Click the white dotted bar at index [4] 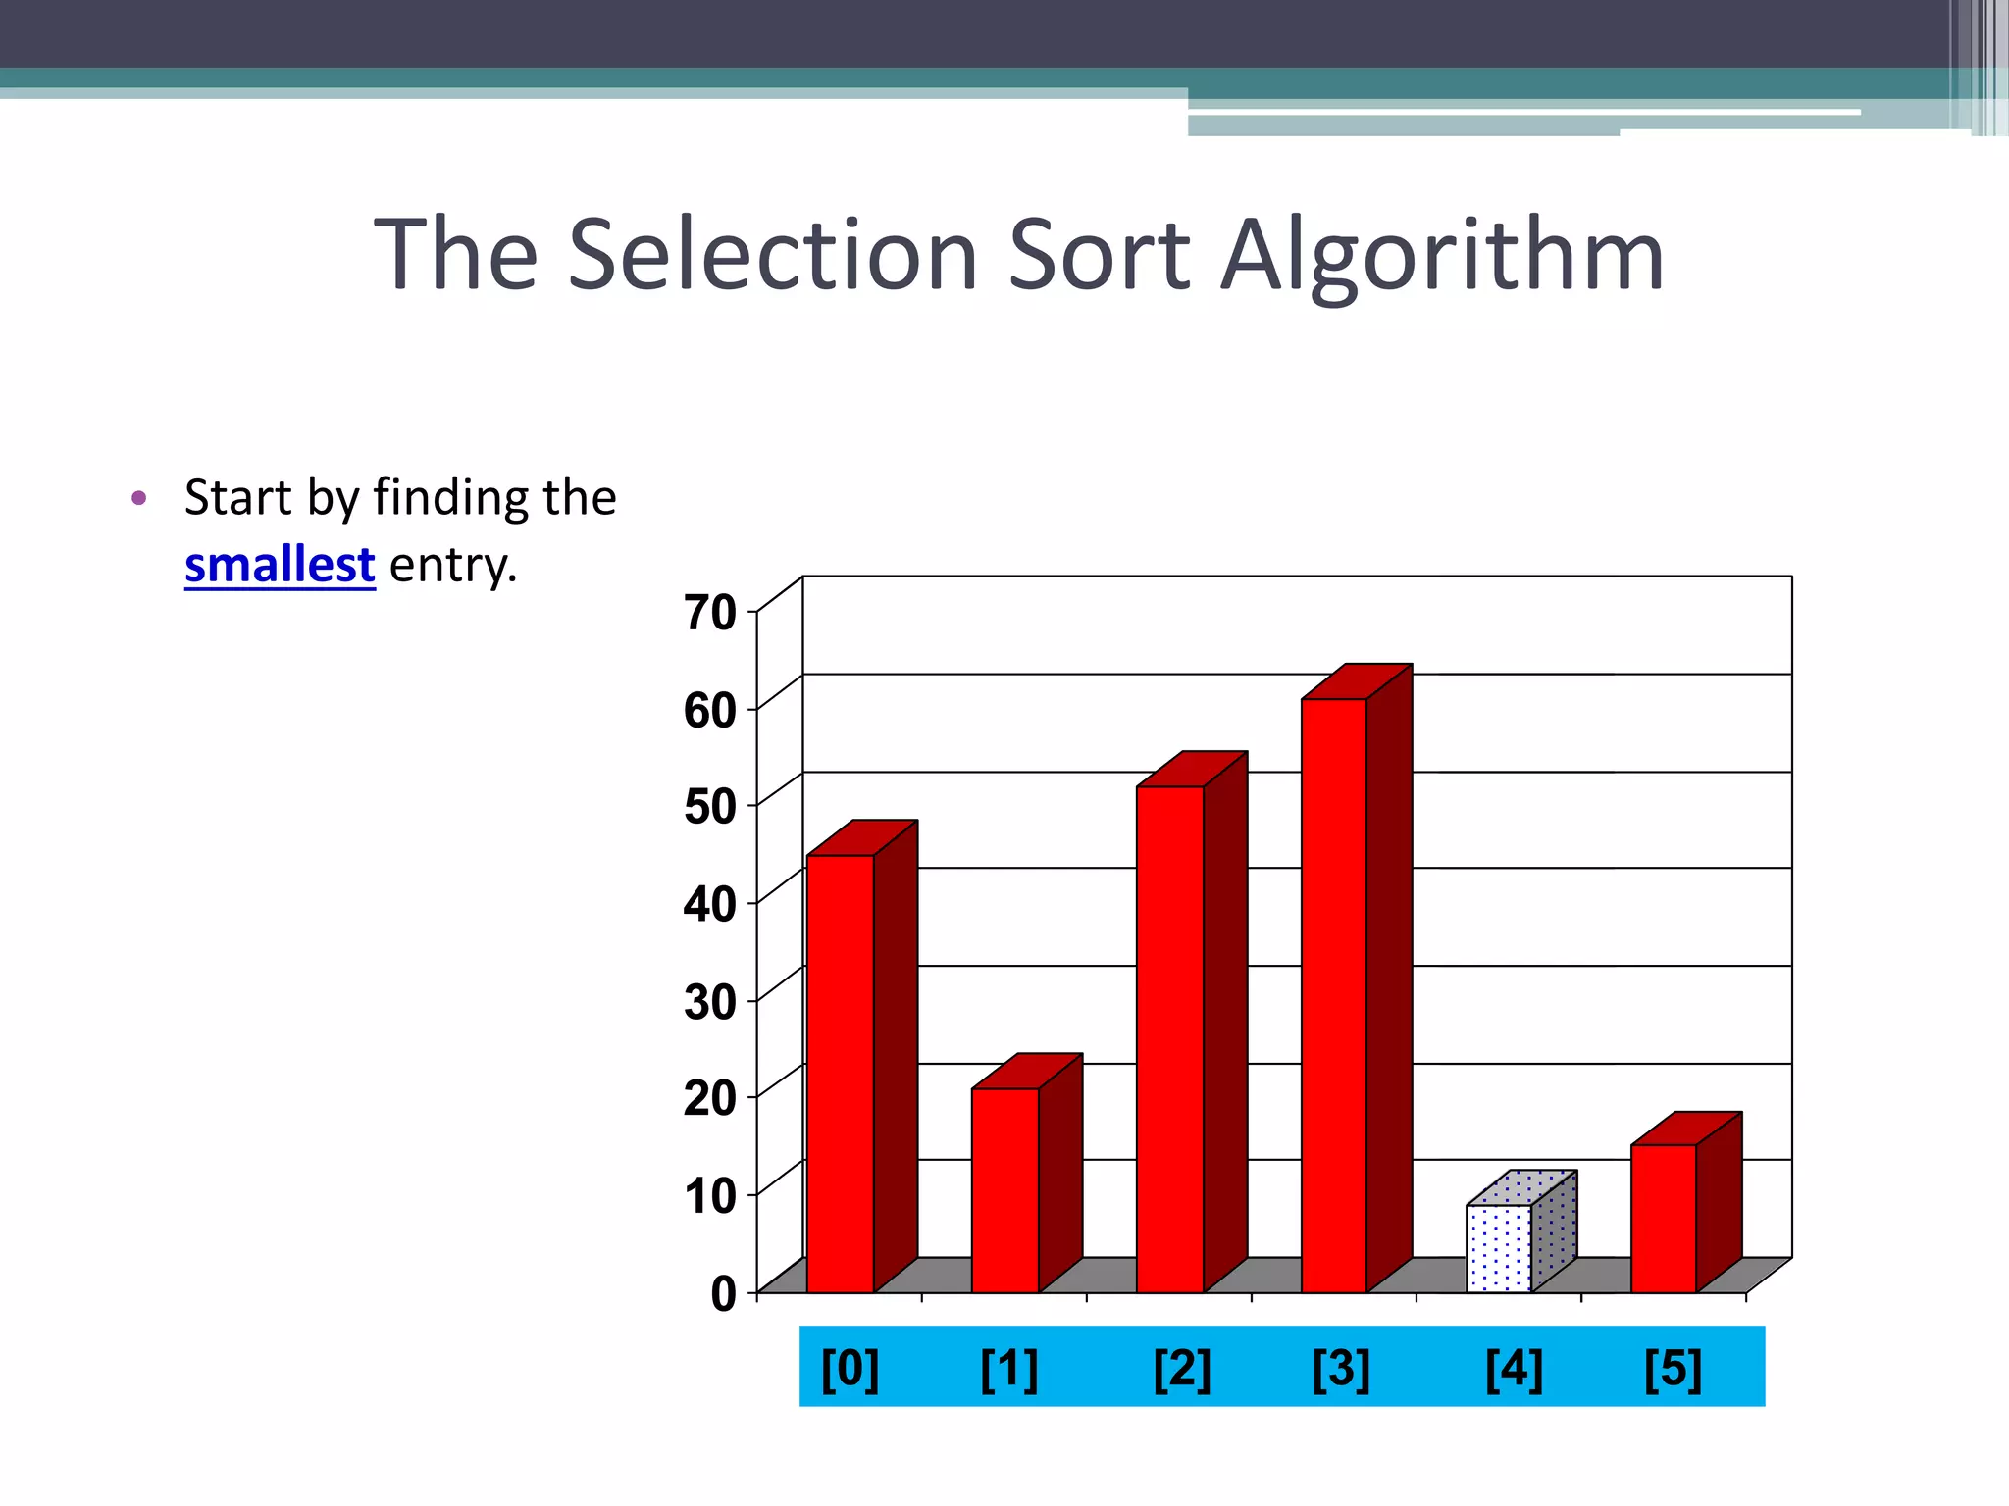(x=1499, y=1248)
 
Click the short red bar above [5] (x=1664, y=1218)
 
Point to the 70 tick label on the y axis (x=710, y=614)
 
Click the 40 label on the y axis (x=710, y=904)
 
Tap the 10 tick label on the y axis (x=710, y=1196)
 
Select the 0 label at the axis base (x=724, y=1294)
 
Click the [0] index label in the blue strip (x=850, y=1369)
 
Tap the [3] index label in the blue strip (x=1341, y=1369)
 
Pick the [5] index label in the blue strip (x=1673, y=1369)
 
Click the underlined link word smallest (x=280, y=566)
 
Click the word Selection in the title (x=773, y=255)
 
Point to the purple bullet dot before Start (x=138, y=498)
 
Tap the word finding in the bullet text (x=453, y=498)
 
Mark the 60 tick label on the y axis (x=710, y=711)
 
